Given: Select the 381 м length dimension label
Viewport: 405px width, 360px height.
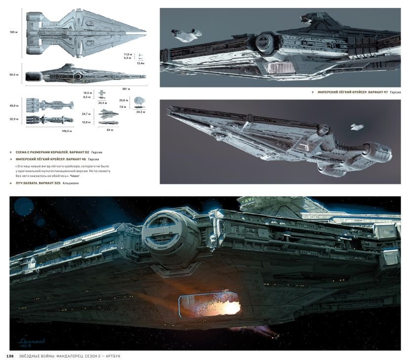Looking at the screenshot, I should (125, 89).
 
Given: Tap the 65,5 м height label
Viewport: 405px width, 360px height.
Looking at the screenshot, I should (13, 75).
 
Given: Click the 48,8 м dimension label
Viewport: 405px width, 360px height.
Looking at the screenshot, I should (13, 105).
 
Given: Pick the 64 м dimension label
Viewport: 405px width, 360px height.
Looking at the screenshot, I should (110, 130).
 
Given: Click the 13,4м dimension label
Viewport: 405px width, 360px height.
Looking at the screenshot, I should (140, 63).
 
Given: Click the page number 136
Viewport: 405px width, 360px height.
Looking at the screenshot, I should (9, 356).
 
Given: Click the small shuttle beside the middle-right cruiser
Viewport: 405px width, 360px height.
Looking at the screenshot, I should (356, 127).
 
